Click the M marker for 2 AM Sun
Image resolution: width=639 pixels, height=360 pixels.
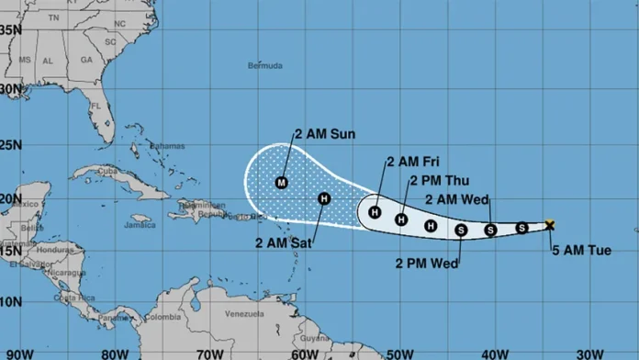pos(282,182)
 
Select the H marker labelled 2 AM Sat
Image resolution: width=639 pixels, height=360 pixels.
pos(324,198)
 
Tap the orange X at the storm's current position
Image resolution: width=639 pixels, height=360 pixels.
pos(550,224)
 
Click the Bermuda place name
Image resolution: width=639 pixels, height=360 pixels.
pos(265,66)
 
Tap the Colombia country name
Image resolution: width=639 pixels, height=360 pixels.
pos(165,319)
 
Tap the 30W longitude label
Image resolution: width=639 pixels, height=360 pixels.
pos(588,352)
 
